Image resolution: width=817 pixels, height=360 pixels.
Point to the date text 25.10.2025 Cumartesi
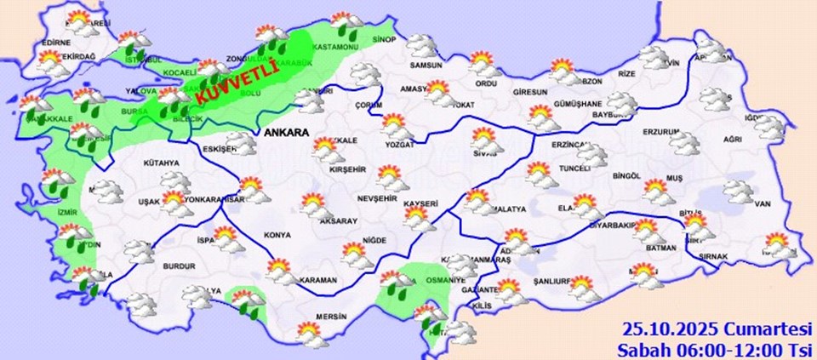point(717,329)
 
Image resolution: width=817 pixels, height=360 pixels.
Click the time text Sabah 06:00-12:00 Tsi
point(717,348)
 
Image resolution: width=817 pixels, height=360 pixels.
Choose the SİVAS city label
point(486,154)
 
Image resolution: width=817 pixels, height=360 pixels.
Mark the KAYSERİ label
point(421,204)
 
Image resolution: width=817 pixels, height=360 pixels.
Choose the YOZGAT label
point(399,145)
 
